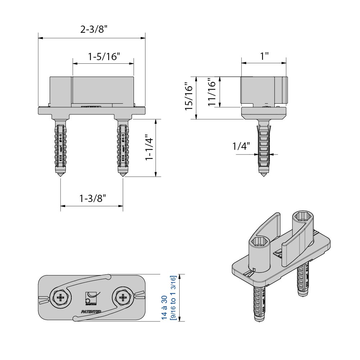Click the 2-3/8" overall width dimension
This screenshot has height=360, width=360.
pyautogui.click(x=91, y=30)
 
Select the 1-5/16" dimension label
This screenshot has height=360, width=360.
pyautogui.click(x=104, y=57)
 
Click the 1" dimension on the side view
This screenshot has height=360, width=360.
pyautogui.click(x=265, y=56)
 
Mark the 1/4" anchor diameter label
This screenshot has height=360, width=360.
pyautogui.click(x=241, y=147)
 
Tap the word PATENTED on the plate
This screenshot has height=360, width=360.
pyautogui.click(x=91, y=311)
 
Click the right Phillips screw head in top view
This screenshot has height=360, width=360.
pyautogui.click(x=123, y=298)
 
